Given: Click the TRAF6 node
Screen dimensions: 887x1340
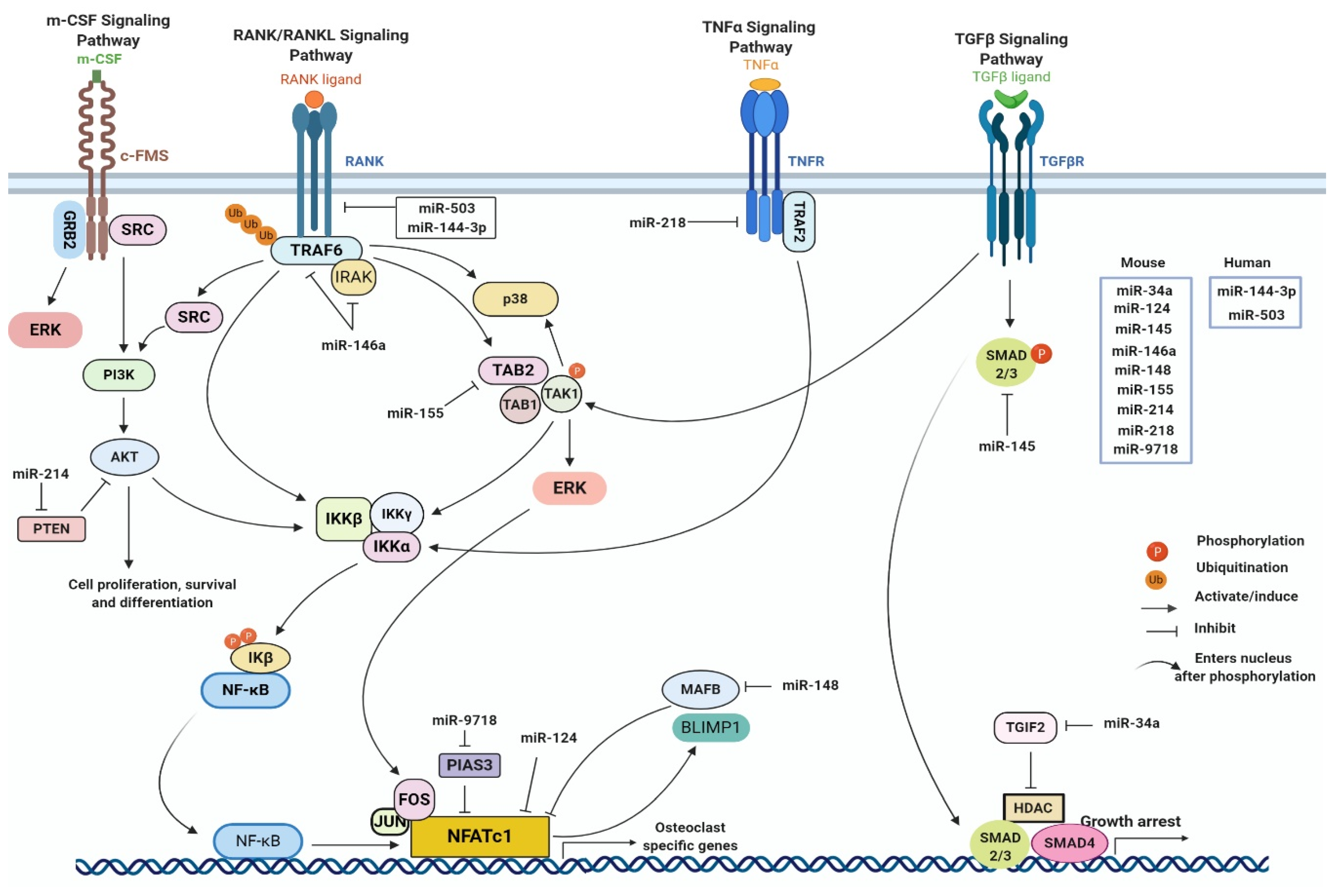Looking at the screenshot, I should (x=316, y=250).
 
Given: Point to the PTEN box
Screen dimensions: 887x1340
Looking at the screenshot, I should (x=51, y=529).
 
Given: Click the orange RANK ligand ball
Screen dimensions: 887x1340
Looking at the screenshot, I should (x=314, y=100).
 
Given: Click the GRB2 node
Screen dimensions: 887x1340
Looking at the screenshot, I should (x=69, y=230).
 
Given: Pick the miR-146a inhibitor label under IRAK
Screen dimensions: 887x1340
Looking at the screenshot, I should (x=353, y=345).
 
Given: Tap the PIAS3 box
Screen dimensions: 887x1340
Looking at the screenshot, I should (x=469, y=765).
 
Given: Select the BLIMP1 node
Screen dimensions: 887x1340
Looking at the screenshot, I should (x=710, y=727).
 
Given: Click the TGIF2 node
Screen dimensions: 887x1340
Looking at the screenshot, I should (x=1025, y=727).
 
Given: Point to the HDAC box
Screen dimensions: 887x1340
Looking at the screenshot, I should (x=1033, y=808).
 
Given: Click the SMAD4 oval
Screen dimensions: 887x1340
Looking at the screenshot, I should (x=1068, y=843).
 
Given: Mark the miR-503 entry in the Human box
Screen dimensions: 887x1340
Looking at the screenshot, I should (x=1256, y=315).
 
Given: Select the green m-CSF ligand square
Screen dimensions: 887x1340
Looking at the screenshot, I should (x=97, y=76).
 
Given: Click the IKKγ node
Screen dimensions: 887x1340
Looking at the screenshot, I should (x=396, y=513).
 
